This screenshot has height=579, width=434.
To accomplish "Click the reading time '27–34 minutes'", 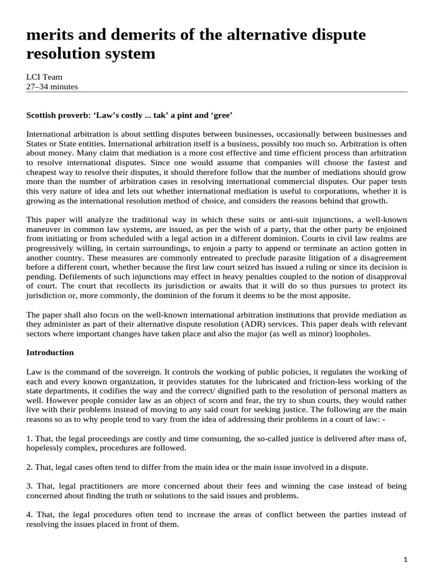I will click(x=52, y=87).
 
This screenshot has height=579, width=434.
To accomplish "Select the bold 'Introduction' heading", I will click(x=50, y=352).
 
